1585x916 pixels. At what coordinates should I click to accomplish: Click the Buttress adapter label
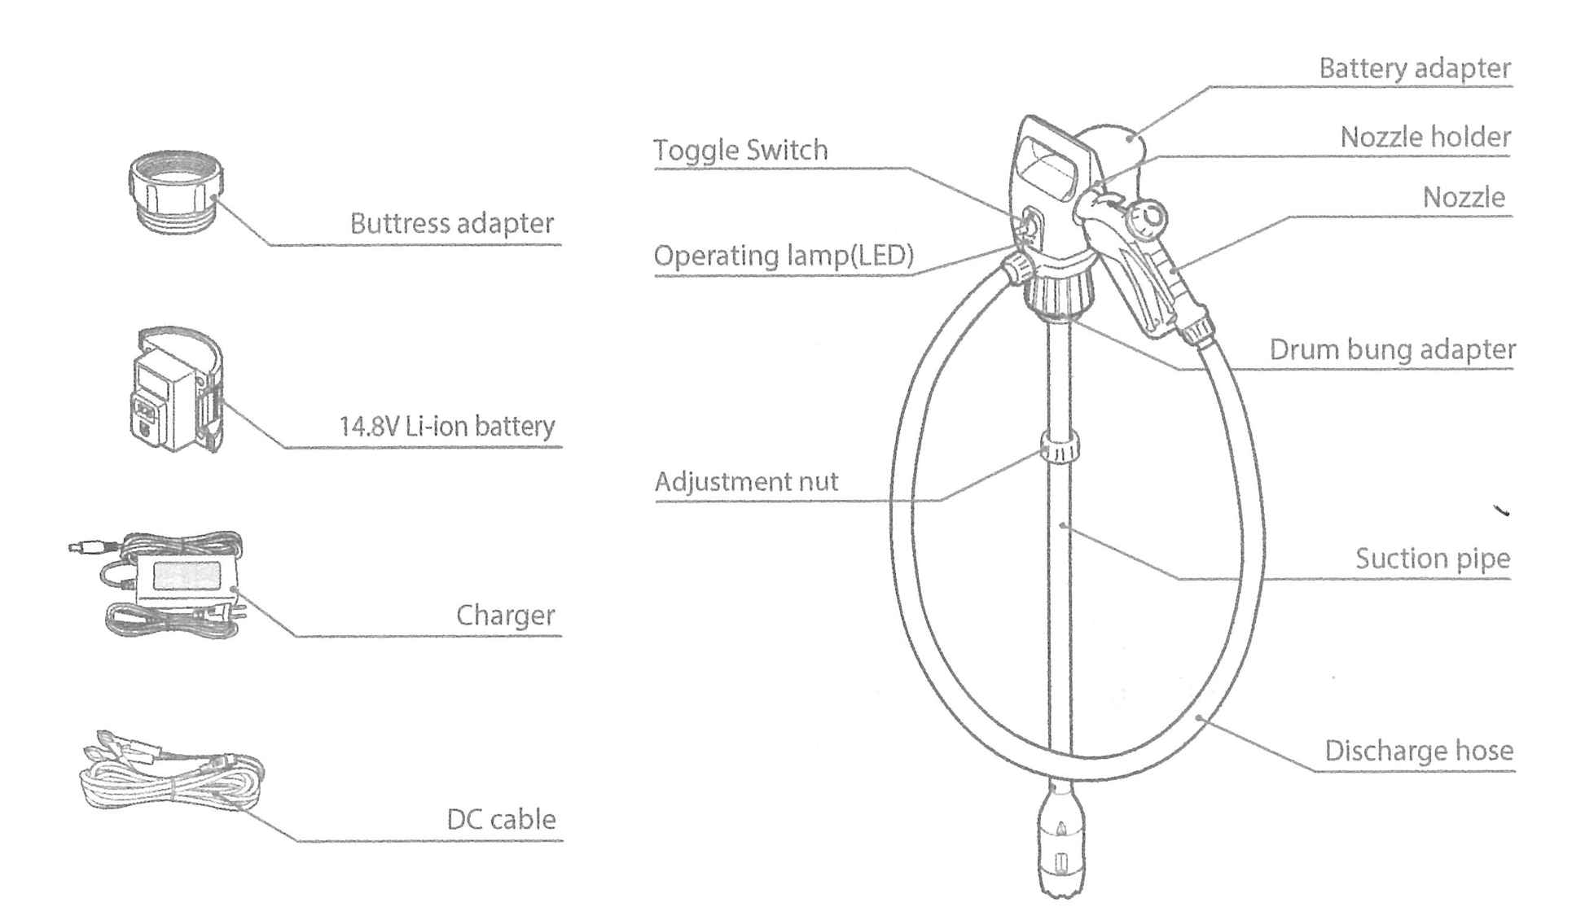pyautogui.click(x=451, y=223)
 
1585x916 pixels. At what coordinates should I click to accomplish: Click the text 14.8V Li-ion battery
pyautogui.click(x=446, y=426)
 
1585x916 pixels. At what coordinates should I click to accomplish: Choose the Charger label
pyautogui.click(x=505, y=615)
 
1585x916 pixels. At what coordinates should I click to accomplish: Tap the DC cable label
pyautogui.click(x=501, y=819)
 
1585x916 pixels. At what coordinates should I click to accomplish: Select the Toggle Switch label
pyautogui.click(x=740, y=150)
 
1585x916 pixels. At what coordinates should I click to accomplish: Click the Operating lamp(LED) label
pyautogui.click(x=784, y=256)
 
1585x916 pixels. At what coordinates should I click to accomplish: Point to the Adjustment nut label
pyautogui.click(x=746, y=481)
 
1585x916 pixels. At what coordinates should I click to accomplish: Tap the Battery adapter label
pyautogui.click(x=1415, y=68)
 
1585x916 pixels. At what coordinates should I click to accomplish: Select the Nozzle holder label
pyautogui.click(x=1425, y=137)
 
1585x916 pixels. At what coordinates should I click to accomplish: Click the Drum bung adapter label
pyautogui.click(x=1392, y=349)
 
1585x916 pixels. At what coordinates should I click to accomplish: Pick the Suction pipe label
pyautogui.click(x=1432, y=559)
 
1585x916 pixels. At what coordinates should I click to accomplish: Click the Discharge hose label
pyautogui.click(x=1419, y=750)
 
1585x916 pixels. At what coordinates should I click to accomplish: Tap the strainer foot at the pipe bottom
pyautogui.click(x=1060, y=847)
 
